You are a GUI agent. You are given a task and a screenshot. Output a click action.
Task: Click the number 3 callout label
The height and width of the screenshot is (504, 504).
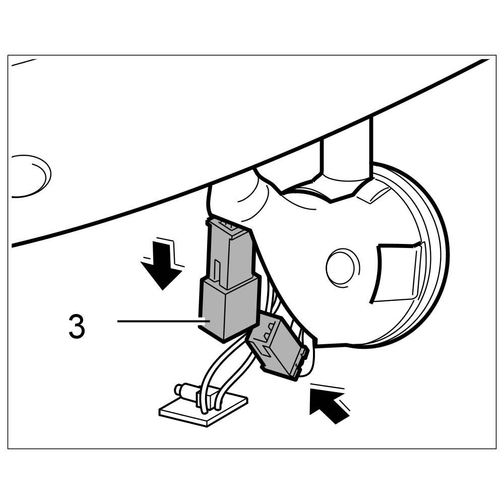click(x=77, y=327)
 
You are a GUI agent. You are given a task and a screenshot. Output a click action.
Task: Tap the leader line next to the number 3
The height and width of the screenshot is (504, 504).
click(x=159, y=321)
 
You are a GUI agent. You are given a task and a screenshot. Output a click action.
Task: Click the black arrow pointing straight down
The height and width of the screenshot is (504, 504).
click(x=161, y=267)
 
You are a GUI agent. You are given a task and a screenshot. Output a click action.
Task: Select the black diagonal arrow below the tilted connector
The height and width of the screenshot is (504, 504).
click(x=330, y=406)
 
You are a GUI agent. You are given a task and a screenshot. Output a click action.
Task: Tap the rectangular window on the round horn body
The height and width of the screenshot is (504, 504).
click(x=398, y=272)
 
